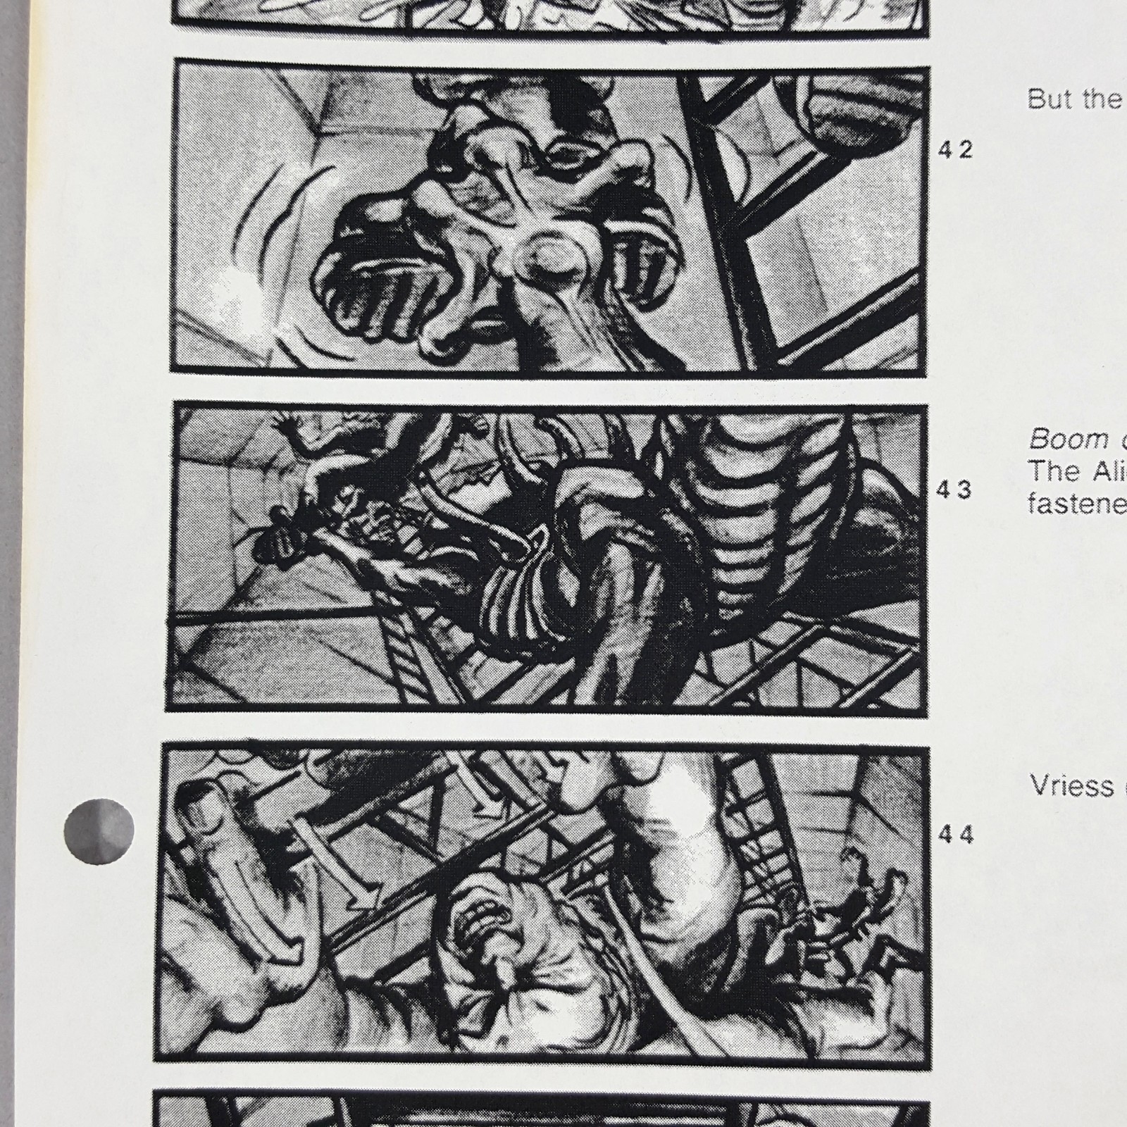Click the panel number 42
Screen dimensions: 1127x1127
point(955,149)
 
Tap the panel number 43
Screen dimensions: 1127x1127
point(955,490)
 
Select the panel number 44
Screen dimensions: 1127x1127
point(955,835)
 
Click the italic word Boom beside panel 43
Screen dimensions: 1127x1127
point(1059,440)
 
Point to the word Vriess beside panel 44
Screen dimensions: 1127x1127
point(1071,785)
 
